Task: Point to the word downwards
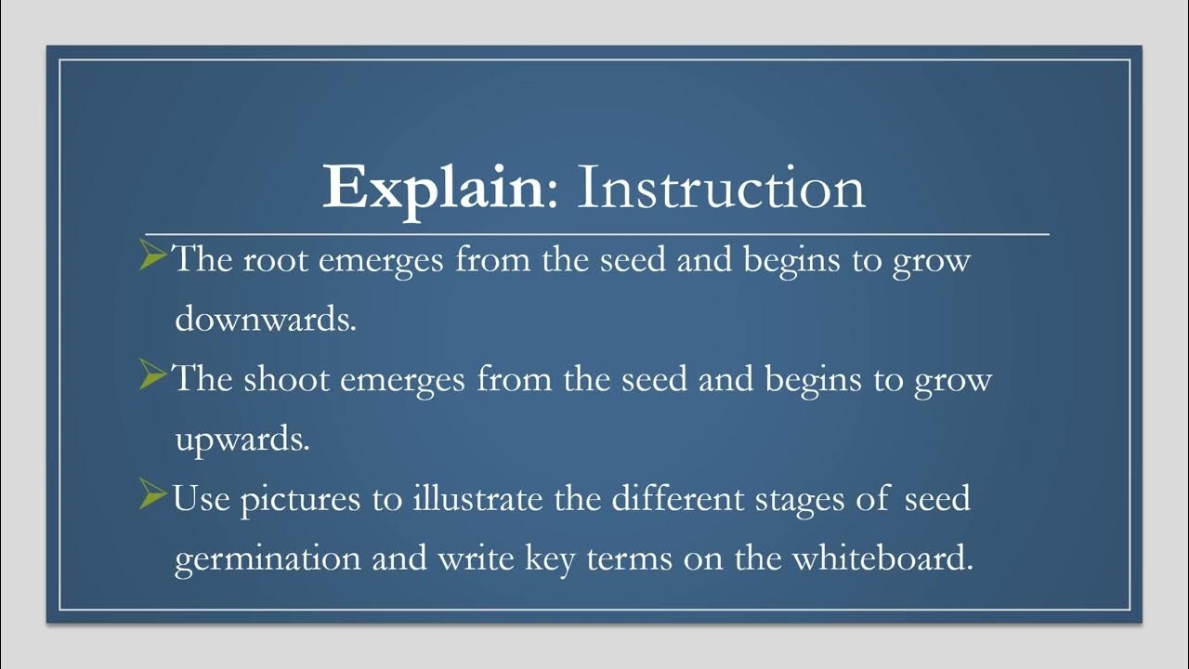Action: point(265,320)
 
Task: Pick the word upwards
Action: point(242,440)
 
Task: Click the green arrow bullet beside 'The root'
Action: point(152,257)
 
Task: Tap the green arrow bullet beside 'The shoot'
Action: point(152,377)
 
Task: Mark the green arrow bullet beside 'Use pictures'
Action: point(152,497)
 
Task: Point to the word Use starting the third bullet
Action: point(203,500)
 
